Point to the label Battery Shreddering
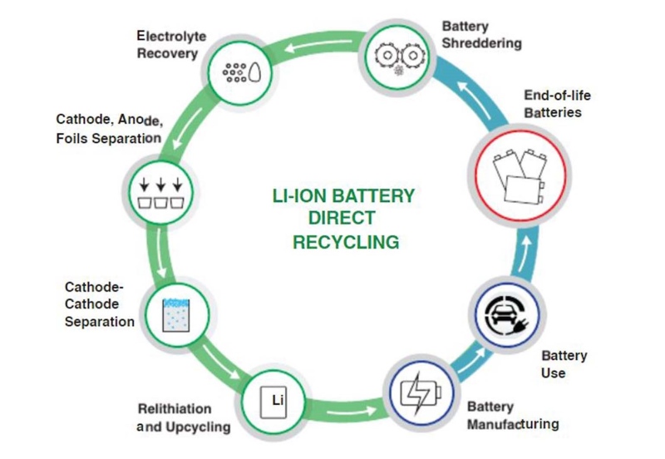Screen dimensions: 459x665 (481, 34)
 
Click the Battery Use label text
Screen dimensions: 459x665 (564, 364)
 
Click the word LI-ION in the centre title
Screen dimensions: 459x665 (301, 196)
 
